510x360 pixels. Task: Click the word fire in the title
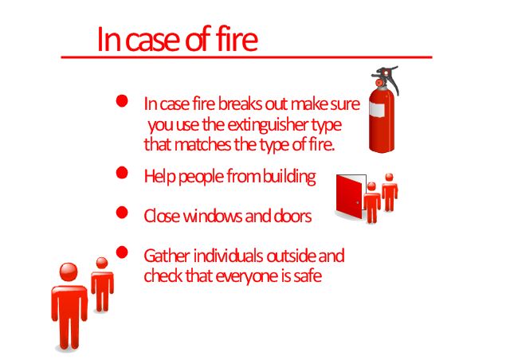point(237,39)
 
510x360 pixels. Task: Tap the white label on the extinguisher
point(377,109)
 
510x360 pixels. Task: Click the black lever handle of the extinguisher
point(390,79)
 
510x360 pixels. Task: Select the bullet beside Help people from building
point(122,172)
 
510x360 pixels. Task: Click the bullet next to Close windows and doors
point(122,213)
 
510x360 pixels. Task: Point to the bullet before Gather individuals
point(122,252)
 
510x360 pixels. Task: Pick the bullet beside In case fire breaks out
point(122,101)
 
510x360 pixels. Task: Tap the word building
point(289,177)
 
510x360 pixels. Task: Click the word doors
point(292,216)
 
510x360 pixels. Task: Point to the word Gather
point(167,256)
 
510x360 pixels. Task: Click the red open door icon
point(349,197)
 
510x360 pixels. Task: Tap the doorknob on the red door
point(358,202)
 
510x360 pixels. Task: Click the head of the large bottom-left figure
point(69,272)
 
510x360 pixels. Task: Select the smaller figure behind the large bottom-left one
point(102,284)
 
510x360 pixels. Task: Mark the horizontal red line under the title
point(246,57)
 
